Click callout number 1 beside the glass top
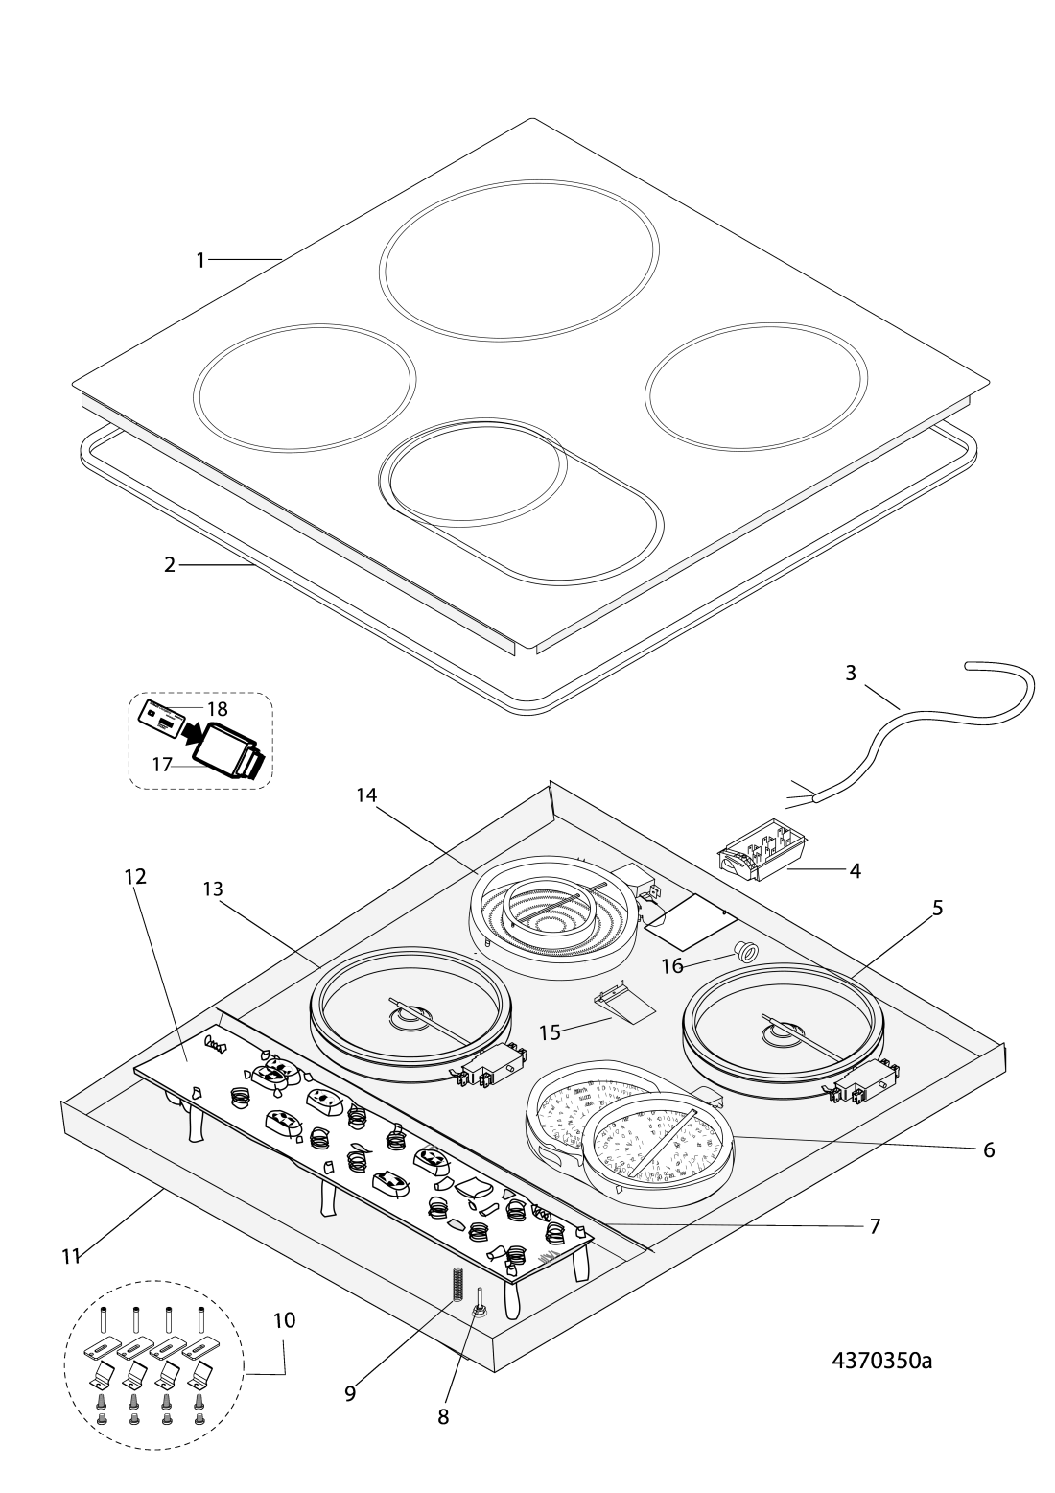tap(200, 259)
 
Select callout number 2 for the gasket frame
tap(170, 565)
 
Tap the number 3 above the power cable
tap(851, 674)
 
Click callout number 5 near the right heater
tap(937, 908)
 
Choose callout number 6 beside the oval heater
tap(989, 1149)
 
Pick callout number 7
tap(875, 1225)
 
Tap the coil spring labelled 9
tap(457, 1284)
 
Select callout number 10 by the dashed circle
tap(284, 1320)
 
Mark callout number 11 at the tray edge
tap(70, 1256)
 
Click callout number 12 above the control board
tap(135, 877)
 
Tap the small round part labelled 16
tap(744, 952)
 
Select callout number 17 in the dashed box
tap(160, 765)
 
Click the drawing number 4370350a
tap(880, 1362)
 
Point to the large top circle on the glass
tap(519, 259)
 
